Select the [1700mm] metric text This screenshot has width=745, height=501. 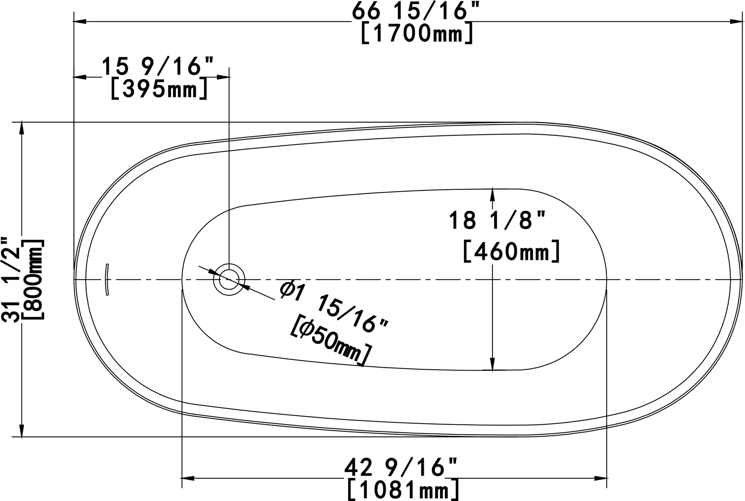[417, 33]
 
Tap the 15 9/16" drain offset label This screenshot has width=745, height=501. [158, 67]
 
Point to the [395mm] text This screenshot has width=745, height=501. [159, 89]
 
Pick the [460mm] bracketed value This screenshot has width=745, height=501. [511, 251]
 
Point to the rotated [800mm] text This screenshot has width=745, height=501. [34, 279]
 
